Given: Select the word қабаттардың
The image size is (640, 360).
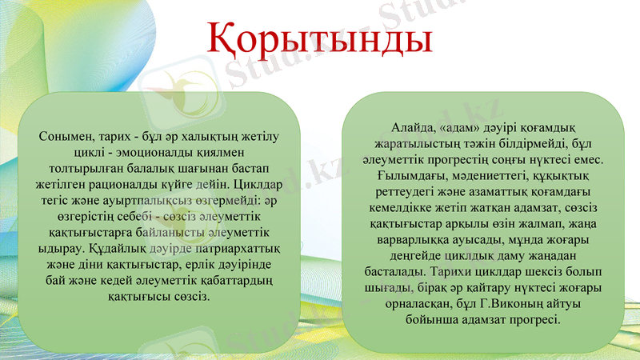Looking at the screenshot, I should coord(240,281).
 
